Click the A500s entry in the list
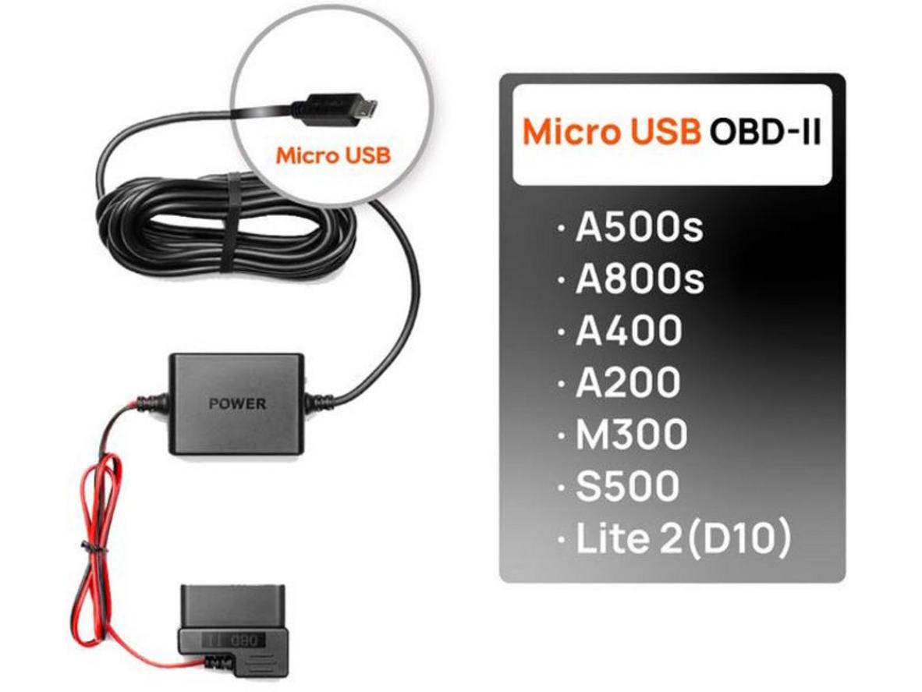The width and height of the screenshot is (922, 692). (x=639, y=227)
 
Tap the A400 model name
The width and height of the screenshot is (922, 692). (x=629, y=331)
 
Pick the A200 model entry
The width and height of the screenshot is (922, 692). (x=628, y=382)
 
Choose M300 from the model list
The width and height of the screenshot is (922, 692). (x=631, y=434)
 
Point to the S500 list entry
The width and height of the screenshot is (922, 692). (x=627, y=485)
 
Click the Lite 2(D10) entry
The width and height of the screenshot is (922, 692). (x=683, y=538)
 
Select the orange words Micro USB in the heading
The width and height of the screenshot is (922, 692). (x=611, y=131)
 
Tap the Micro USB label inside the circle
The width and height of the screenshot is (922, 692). (x=333, y=156)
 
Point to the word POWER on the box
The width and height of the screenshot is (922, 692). (x=238, y=404)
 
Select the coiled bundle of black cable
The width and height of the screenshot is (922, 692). (x=226, y=226)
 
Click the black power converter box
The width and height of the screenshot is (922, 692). (x=237, y=404)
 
